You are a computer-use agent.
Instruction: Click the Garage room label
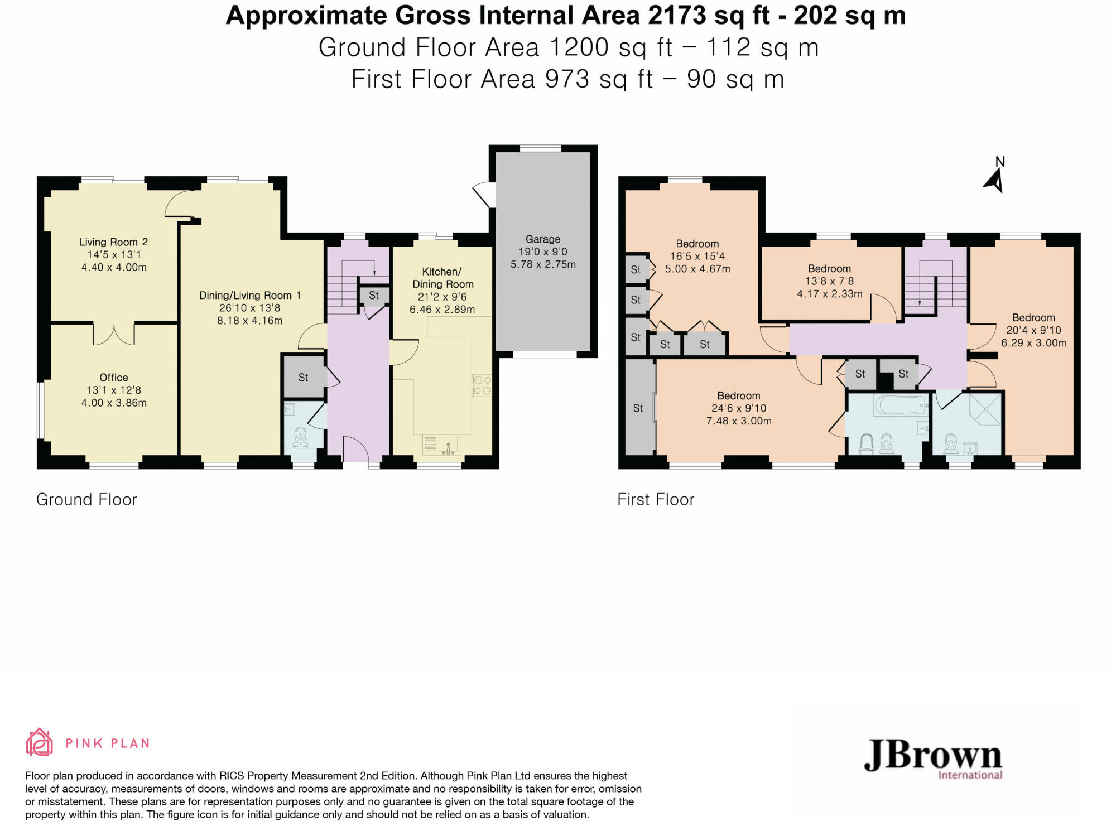[542, 239]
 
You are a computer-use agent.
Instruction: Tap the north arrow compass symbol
[995, 180]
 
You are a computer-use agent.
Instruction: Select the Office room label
[114, 378]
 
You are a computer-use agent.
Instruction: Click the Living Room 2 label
[113, 242]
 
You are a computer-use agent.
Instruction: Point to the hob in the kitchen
[482, 385]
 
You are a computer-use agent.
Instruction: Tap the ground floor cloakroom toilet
[300, 438]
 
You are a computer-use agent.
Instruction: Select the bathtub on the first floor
[901, 405]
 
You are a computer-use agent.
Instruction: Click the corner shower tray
[985, 409]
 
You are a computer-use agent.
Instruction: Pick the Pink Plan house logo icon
[40, 742]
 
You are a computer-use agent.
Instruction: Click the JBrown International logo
[933, 759]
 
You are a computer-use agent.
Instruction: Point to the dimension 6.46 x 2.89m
[442, 310]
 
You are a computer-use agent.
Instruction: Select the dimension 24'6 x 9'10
[739, 408]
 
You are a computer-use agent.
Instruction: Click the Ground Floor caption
[86, 500]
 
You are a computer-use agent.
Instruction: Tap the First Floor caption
[656, 500]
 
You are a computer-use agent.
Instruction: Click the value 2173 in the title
[676, 16]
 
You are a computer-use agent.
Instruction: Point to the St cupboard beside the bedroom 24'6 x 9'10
[638, 408]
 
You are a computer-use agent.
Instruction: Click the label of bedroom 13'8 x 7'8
[829, 269]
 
